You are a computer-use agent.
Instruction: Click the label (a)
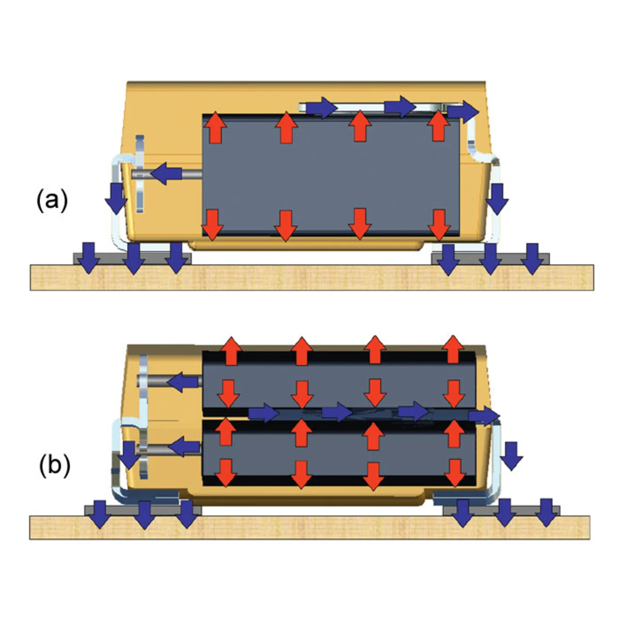(x=52, y=200)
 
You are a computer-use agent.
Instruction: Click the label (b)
(x=54, y=465)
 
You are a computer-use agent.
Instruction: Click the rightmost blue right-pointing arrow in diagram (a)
(x=462, y=112)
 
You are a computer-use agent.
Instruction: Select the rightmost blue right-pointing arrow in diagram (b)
(x=484, y=415)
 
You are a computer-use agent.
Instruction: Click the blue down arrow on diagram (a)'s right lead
(x=497, y=198)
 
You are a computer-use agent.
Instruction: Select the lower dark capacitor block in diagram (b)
(x=339, y=452)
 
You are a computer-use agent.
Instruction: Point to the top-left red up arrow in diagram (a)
(x=215, y=129)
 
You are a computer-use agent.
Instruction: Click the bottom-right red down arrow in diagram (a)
(x=439, y=224)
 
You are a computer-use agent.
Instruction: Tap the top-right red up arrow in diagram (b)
(x=453, y=349)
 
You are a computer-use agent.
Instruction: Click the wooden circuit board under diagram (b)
(x=309, y=527)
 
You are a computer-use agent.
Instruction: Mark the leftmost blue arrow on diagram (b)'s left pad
(x=101, y=514)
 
